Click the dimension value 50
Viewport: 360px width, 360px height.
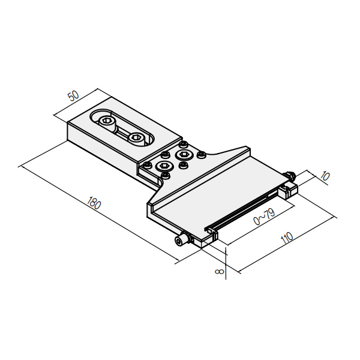click(x=74, y=96)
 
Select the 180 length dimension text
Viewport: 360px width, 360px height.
click(x=94, y=203)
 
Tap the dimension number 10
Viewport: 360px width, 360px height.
click(x=325, y=176)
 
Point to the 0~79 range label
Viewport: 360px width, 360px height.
click(x=264, y=216)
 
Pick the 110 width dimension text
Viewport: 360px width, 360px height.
click(x=287, y=238)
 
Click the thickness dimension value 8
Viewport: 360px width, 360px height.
click(x=220, y=271)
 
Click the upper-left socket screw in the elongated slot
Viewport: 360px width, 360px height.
click(x=107, y=121)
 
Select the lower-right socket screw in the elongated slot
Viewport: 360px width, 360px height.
click(x=136, y=139)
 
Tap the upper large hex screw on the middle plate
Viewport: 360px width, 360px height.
click(x=184, y=155)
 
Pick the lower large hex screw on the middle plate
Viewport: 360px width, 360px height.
click(x=164, y=166)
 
